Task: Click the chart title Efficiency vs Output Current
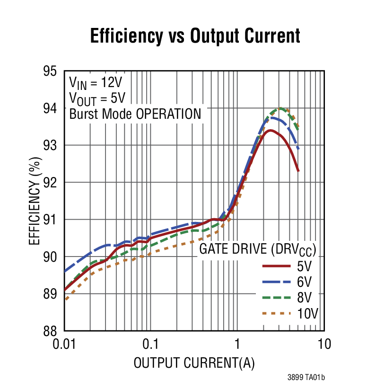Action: pyautogui.click(x=195, y=36)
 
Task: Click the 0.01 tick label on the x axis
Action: pyautogui.click(x=64, y=344)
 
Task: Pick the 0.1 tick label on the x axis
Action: pyautogui.click(x=150, y=344)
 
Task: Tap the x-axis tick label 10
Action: pyautogui.click(x=324, y=344)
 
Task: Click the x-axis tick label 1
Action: pyautogui.click(x=237, y=344)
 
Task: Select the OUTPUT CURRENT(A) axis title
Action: pyautogui.click(x=194, y=363)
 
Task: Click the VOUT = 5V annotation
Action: pyautogui.click(x=97, y=98)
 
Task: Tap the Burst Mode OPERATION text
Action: pyautogui.click(x=135, y=114)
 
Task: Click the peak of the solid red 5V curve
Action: pyautogui.click(x=270, y=130)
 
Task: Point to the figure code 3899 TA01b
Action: pyautogui.click(x=306, y=377)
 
